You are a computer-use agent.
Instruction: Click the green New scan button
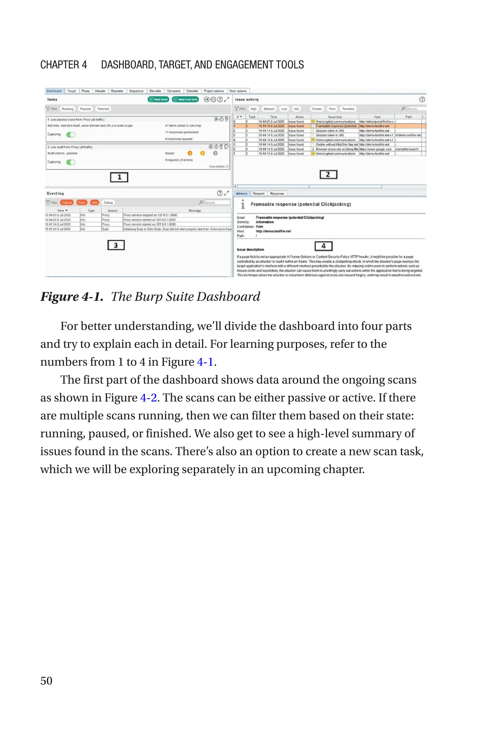pyautogui.click(x=158, y=99)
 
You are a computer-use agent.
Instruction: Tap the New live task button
pyautogui.click(x=185, y=99)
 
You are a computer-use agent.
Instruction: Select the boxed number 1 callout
pyautogui.click(x=119, y=177)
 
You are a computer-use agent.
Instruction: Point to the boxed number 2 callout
pyautogui.click(x=328, y=174)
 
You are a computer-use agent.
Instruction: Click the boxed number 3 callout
pyautogui.click(x=116, y=245)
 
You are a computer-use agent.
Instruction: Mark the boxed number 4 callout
pyautogui.click(x=323, y=246)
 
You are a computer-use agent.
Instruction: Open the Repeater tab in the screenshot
pyautogui.click(x=117, y=91)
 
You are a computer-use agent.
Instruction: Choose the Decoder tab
pyautogui.click(x=155, y=91)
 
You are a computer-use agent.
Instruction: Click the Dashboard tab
pyautogui.click(x=54, y=91)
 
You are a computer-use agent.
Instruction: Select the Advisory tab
pyautogui.click(x=241, y=193)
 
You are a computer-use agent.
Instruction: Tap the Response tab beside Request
pyautogui.click(x=277, y=193)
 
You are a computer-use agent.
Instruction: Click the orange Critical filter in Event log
pyautogui.click(x=67, y=202)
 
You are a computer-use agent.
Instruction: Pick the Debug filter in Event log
pyautogui.click(x=108, y=202)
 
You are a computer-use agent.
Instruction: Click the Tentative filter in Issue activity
pyautogui.click(x=348, y=109)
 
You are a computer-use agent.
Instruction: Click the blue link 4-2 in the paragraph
pyautogui.click(x=148, y=398)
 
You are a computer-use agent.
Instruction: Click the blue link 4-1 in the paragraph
pyautogui.click(x=205, y=362)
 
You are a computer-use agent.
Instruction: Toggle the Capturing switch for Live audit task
pyautogui.click(x=71, y=162)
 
